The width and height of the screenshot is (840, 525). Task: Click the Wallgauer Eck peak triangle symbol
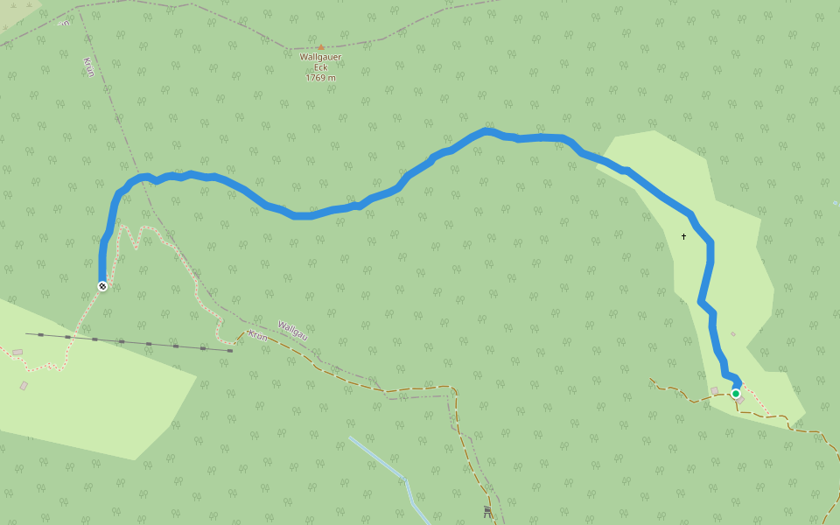(x=321, y=47)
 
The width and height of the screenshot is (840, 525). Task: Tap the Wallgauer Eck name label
(x=320, y=62)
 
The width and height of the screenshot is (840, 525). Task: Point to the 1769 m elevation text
(x=320, y=78)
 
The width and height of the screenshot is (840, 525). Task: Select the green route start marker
(x=736, y=394)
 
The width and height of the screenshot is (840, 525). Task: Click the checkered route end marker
(x=102, y=286)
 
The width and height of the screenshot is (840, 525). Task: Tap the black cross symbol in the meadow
(x=684, y=236)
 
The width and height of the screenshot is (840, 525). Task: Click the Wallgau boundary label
(x=292, y=330)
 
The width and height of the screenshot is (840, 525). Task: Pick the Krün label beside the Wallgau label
(x=257, y=336)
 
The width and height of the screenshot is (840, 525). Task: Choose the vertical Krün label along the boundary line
(x=89, y=67)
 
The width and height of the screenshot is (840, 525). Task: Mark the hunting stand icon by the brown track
(x=487, y=512)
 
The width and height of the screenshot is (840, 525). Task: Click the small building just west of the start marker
(x=715, y=390)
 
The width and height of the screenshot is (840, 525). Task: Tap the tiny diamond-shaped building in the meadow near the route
(x=733, y=333)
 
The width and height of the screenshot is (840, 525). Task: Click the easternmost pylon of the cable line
(x=230, y=350)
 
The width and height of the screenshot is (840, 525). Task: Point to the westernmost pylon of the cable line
(x=40, y=334)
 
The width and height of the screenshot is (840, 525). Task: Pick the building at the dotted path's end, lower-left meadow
(x=17, y=352)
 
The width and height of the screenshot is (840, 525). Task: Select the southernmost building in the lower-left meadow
(x=24, y=385)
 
